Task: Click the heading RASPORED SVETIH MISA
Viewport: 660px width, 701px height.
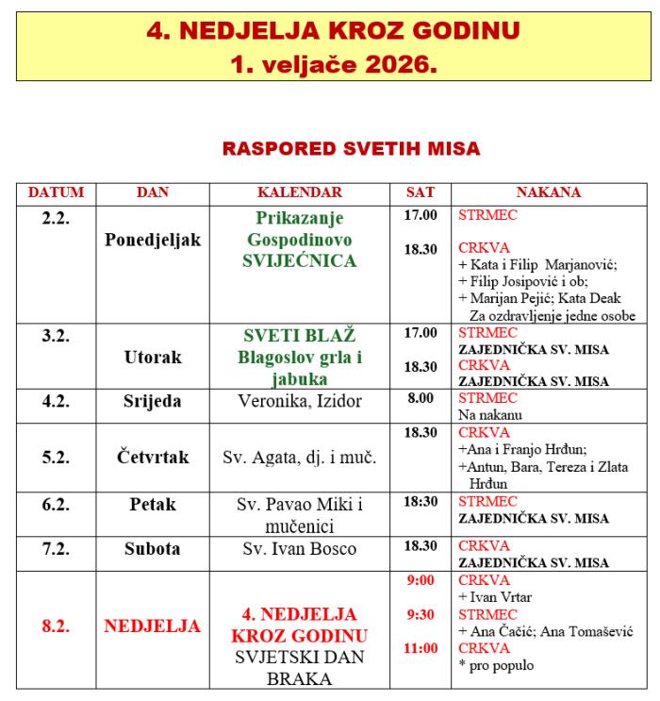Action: coord(350,148)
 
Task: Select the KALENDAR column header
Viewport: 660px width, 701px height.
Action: coord(299,192)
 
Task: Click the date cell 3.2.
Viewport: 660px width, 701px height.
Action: coord(57,334)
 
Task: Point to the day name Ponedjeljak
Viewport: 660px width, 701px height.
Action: coord(153,240)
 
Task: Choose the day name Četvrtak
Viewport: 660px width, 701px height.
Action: coord(153,458)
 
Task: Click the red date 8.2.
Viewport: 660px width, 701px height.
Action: coord(56,626)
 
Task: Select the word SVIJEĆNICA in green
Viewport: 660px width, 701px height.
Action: coord(299,260)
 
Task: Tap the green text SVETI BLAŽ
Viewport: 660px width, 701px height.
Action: coord(299,336)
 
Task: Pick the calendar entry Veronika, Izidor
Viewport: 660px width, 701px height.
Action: coord(299,402)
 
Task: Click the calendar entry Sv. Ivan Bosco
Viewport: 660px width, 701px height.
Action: coord(299,548)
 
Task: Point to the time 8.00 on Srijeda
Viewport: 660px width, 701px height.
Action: coord(421,399)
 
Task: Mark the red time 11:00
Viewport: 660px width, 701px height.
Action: coord(421,648)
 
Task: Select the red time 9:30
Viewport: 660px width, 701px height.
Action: coord(421,614)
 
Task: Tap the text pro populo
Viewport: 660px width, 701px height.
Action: coord(494,665)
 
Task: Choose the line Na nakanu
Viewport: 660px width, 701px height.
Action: coord(490,414)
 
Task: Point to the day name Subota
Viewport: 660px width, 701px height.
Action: coord(153,548)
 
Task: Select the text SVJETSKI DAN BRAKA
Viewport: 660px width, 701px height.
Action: coord(299,666)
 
